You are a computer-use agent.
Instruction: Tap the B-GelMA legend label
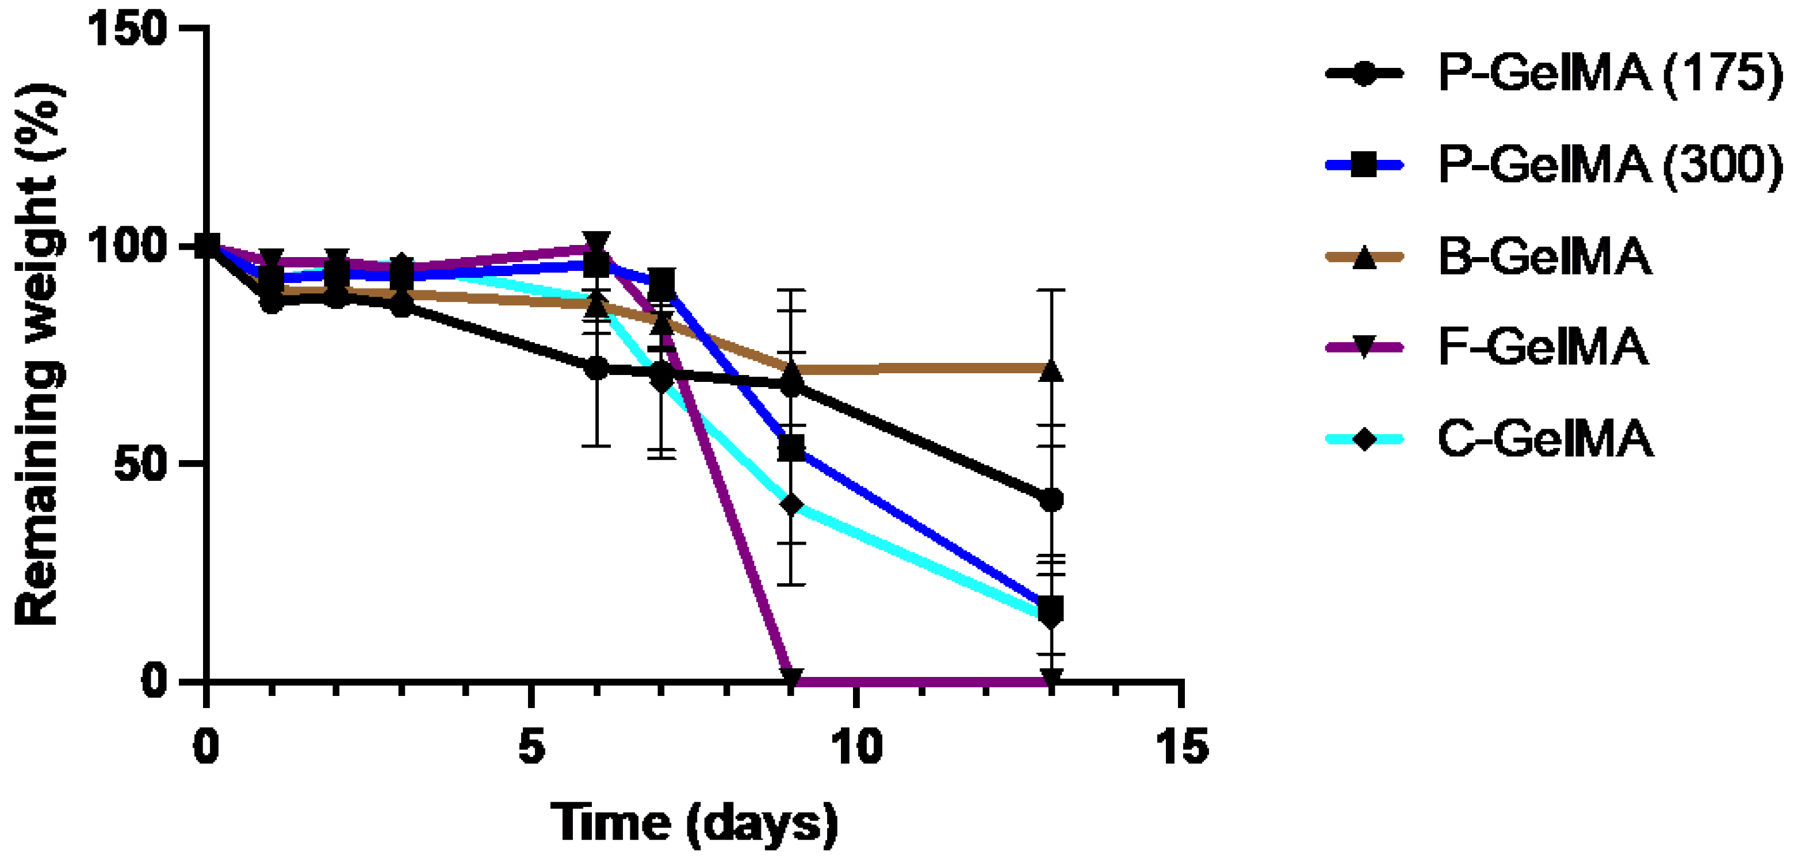coord(1545,257)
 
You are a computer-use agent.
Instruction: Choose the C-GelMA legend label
coord(1545,439)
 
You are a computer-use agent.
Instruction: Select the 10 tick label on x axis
coord(856,747)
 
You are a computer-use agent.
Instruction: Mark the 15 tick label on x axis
coord(1181,747)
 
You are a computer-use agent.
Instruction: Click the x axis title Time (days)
coord(694,824)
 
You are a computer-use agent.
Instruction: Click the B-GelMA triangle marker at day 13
coord(1051,370)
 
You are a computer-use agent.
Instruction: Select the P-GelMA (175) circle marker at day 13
coord(1051,499)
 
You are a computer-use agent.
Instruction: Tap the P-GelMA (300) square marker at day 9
coord(791,449)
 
